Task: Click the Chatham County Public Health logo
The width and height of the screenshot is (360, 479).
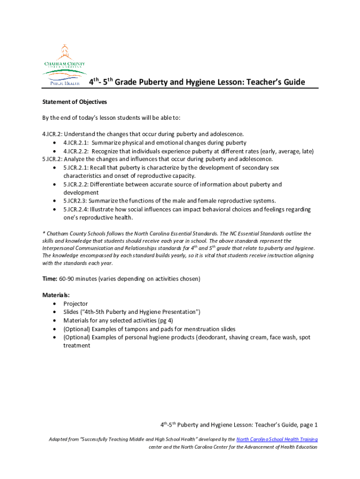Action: click(65, 65)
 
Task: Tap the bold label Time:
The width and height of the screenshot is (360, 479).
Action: click(50, 279)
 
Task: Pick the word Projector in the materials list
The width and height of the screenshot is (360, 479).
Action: click(75, 304)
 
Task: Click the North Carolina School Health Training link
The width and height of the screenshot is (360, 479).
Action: click(277, 439)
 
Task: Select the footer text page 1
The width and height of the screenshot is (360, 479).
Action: click(309, 425)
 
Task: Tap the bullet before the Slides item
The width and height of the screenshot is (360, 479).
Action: click(56, 312)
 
